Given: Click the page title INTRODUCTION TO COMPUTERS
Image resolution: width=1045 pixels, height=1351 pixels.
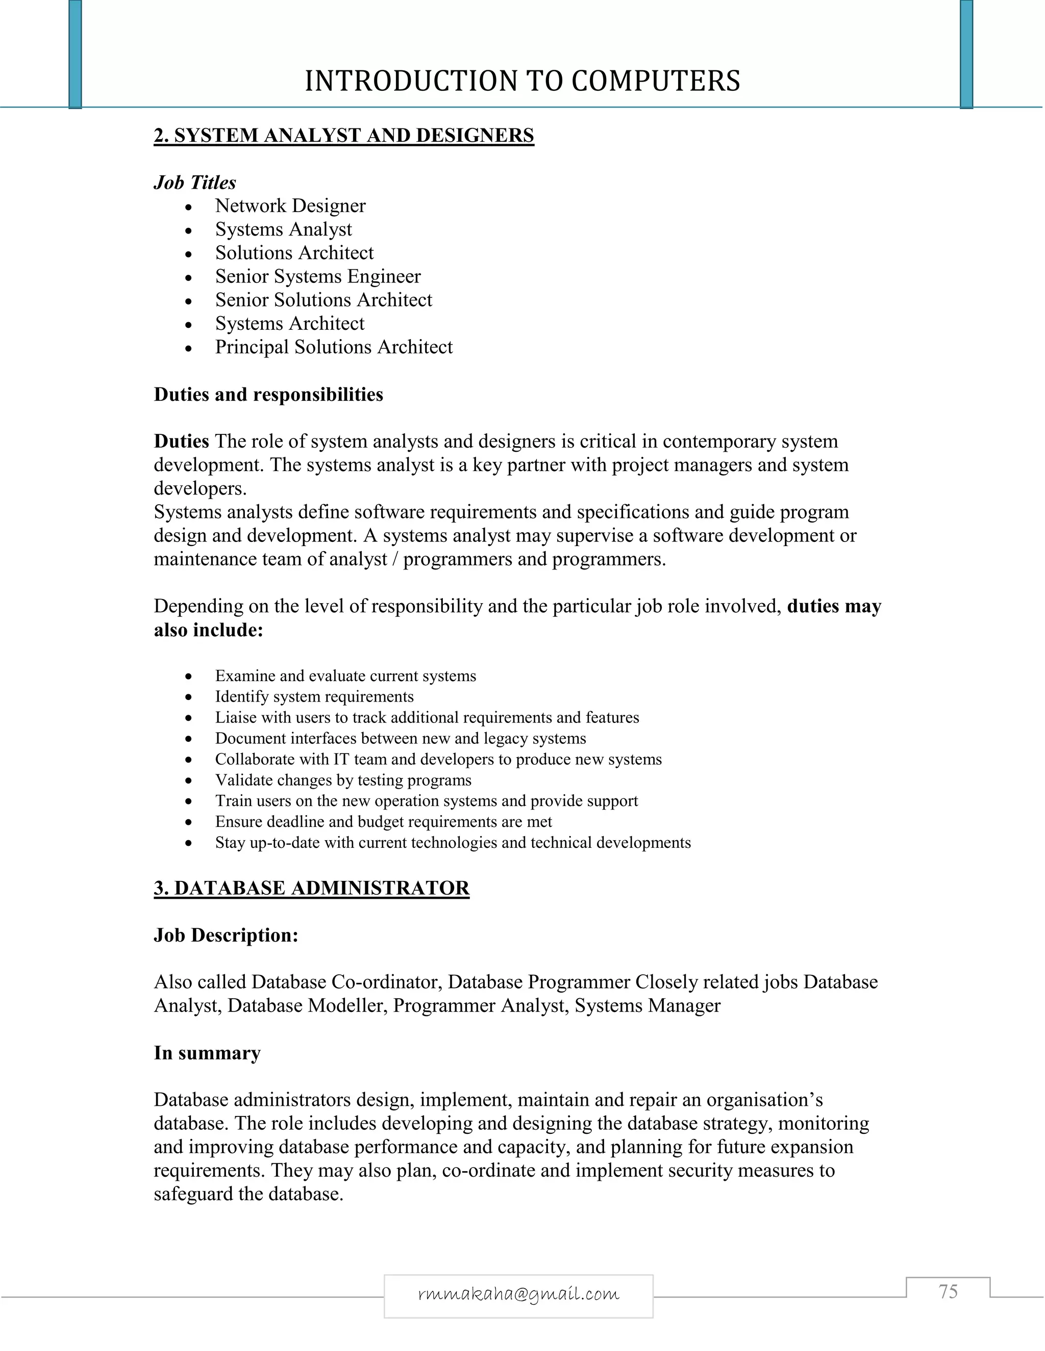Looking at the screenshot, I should (x=522, y=81).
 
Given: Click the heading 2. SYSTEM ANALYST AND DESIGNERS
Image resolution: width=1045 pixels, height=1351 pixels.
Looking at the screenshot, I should (x=343, y=136).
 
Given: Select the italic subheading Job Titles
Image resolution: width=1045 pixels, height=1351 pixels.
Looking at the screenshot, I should (x=195, y=183).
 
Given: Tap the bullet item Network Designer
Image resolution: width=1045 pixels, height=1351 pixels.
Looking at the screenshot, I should (x=290, y=205).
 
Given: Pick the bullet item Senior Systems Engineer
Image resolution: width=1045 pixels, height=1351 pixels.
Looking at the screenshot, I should (x=317, y=276).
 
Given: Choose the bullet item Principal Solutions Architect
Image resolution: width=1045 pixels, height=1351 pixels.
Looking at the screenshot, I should (x=334, y=347).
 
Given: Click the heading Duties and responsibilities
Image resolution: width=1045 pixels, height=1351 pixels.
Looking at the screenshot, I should (x=268, y=394).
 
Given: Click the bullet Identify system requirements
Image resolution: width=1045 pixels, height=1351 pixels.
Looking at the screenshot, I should (x=314, y=696).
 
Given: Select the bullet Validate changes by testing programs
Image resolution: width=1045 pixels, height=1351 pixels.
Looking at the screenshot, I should (x=343, y=780).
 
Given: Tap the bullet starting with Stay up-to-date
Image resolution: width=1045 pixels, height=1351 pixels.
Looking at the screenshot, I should (x=453, y=843).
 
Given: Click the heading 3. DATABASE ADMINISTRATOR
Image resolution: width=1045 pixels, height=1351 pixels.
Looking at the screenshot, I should (x=311, y=888).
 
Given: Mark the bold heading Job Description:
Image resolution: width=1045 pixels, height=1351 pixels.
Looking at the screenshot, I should (x=226, y=936).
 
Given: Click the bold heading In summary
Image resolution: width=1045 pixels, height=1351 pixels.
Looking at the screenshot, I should (x=207, y=1053).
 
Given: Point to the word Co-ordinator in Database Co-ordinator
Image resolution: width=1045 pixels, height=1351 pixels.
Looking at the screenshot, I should (x=386, y=982).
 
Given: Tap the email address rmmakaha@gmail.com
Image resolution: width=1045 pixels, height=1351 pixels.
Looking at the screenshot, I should (x=518, y=1293).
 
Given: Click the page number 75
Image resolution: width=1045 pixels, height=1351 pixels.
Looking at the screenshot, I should (x=948, y=1292).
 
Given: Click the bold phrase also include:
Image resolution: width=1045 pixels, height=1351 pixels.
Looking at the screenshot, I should (x=209, y=630).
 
